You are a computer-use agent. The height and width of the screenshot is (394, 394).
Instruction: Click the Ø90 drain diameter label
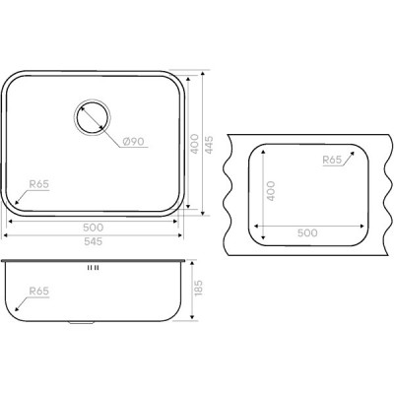point(133,142)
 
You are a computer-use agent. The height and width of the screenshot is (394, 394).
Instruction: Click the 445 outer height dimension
point(209,145)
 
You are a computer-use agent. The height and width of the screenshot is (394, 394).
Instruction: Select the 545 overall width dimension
point(94,241)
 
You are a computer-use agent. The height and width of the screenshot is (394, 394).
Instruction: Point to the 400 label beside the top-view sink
point(194,144)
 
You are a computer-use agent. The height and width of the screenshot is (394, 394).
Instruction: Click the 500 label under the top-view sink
point(94,228)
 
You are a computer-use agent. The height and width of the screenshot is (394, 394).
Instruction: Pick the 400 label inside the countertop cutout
point(271,191)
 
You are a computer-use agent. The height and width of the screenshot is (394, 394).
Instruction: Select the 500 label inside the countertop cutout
point(307,232)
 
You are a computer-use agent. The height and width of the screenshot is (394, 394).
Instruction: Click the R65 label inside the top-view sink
point(39,184)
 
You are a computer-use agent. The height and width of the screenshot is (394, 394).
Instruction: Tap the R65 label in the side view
point(39,291)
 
